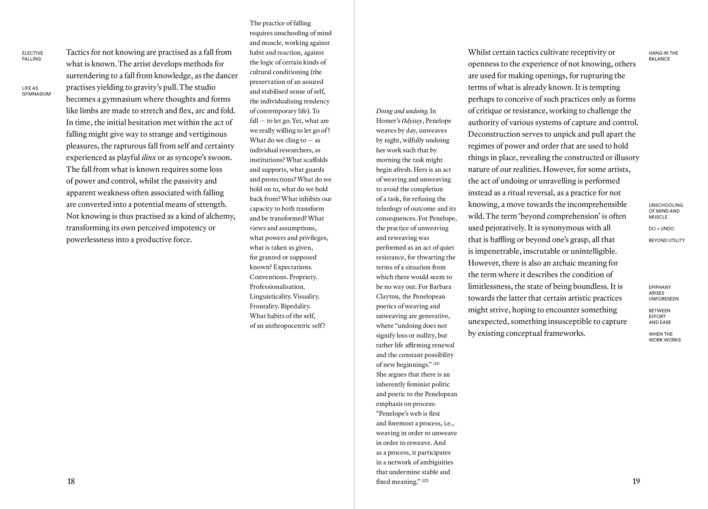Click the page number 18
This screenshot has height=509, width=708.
point(71,481)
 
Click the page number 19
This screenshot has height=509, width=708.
point(636,481)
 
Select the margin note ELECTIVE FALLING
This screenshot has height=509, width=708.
point(32,56)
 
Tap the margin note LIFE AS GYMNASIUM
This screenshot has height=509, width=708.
point(36,91)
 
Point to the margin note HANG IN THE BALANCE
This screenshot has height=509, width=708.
point(663,56)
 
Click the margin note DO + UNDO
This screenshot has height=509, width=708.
point(661,228)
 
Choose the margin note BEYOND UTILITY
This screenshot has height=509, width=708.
point(666,240)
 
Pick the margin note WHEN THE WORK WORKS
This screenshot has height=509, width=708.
point(664,337)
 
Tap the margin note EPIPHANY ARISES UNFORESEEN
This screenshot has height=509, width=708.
point(663,293)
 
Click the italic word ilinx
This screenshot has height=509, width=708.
point(148,158)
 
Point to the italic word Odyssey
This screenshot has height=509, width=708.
point(412,121)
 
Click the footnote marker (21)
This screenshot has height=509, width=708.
point(436,363)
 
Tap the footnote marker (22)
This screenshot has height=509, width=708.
point(425,481)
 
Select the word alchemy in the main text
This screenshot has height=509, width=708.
point(220,216)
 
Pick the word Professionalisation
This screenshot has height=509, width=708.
point(277,287)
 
